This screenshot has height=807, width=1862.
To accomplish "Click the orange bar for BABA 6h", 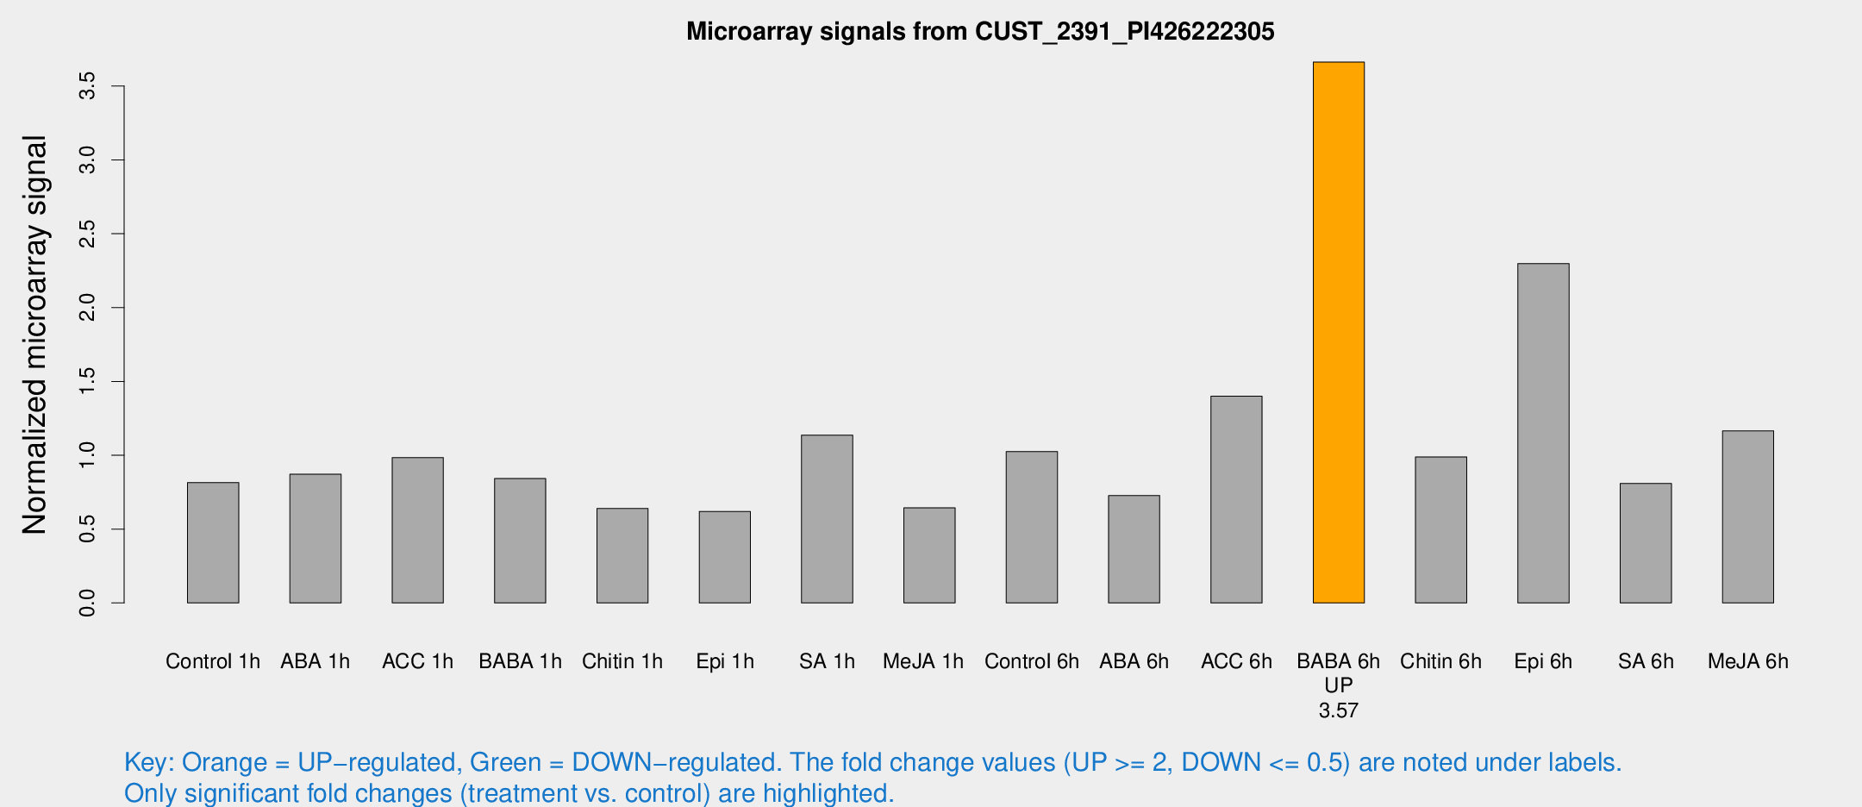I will [1338, 332].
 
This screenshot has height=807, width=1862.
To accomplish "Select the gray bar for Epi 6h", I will [1543, 433].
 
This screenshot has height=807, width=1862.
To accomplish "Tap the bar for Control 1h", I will [213, 542].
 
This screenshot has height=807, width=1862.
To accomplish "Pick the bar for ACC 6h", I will [1236, 499].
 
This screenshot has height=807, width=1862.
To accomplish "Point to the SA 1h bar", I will [827, 519].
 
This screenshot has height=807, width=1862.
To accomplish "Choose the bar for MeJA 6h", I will [1747, 516].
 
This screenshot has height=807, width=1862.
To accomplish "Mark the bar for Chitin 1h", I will [622, 555].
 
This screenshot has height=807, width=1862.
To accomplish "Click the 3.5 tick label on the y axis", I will [87, 86].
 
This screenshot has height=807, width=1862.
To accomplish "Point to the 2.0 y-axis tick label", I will [87, 308].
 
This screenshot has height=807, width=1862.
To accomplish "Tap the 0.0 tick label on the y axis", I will [87, 603].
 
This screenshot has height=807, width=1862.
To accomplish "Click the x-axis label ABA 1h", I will [316, 661].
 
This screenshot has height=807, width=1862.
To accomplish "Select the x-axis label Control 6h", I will [1032, 661].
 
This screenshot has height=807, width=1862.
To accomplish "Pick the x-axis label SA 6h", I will [1646, 661].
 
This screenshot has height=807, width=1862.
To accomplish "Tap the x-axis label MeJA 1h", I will [923, 661].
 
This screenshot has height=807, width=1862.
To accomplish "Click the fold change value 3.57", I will [1338, 710].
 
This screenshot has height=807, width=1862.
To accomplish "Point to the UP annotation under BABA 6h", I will [1338, 685].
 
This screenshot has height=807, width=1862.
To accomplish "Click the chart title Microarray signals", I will [980, 32].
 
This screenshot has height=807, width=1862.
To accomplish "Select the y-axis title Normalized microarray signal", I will [35, 335].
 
